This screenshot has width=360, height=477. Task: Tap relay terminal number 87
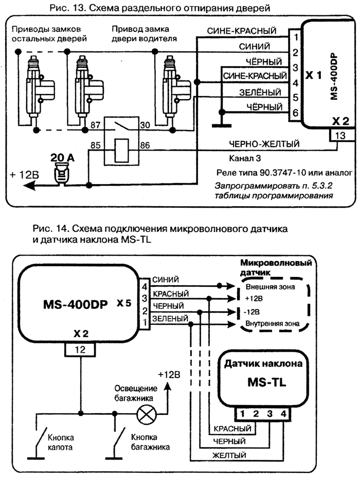95,125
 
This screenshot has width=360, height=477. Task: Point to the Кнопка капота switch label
61,442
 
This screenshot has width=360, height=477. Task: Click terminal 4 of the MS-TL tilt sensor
282,412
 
